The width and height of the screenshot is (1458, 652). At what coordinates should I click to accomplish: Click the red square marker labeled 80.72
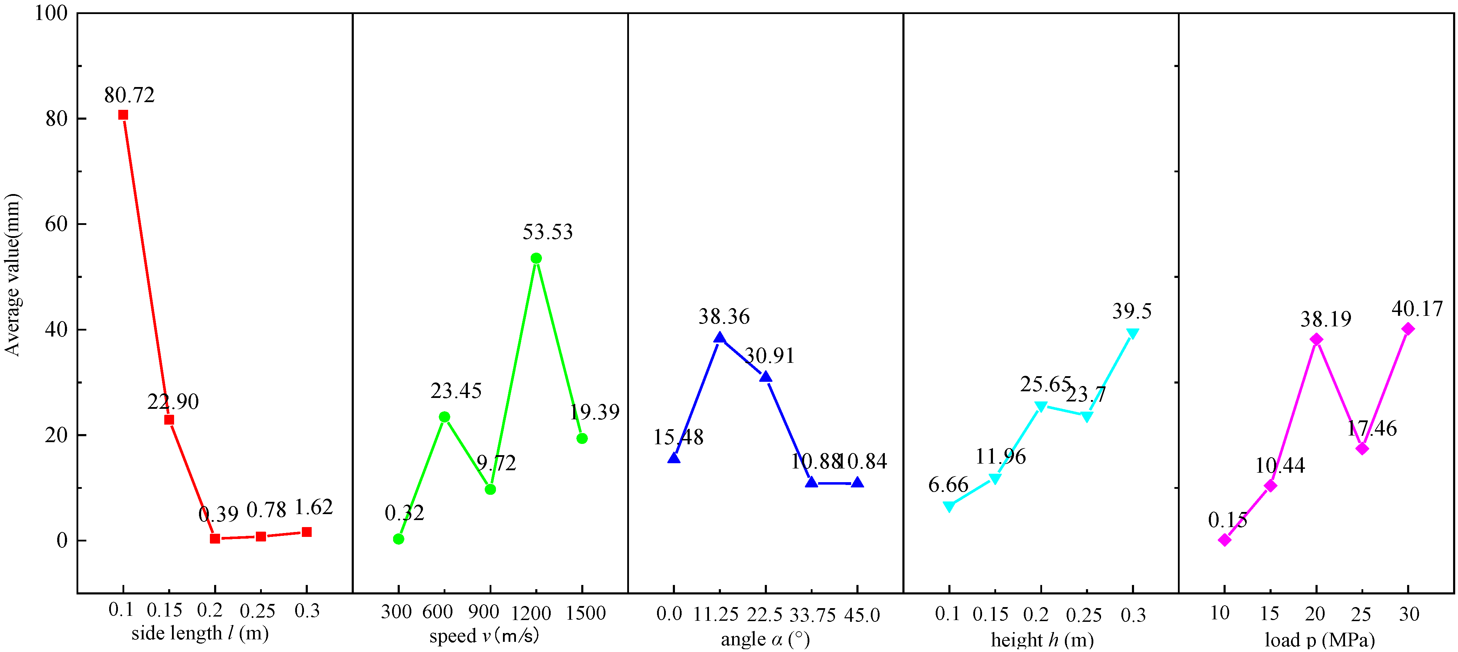click(123, 115)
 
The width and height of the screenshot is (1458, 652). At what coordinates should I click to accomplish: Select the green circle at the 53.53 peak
click(536, 258)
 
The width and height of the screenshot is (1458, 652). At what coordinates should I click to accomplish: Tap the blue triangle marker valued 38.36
click(720, 338)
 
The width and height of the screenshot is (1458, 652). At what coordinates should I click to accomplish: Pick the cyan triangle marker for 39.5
click(1132, 333)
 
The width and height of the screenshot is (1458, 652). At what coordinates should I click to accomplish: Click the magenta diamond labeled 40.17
click(1407, 329)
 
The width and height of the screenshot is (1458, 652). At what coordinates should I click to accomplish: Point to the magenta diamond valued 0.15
click(1224, 540)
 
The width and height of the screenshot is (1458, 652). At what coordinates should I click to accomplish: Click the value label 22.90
click(173, 402)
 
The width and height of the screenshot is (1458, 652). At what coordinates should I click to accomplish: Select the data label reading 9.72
click(496, 464)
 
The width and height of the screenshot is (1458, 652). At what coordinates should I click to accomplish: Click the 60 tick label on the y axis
click(56, 224)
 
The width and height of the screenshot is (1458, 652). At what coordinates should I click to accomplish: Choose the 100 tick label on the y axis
click(51, 13)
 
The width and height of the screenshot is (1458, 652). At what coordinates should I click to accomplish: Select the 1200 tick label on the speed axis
click(531, 613)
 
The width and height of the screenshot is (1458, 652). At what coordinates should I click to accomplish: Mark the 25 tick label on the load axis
click(1361, 614)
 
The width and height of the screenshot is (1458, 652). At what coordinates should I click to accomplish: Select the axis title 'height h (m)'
click(1042, 640)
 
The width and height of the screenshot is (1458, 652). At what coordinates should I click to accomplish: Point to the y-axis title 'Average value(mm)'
click(12, 275)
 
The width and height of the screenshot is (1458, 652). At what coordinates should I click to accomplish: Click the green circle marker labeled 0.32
click(398, 539)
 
